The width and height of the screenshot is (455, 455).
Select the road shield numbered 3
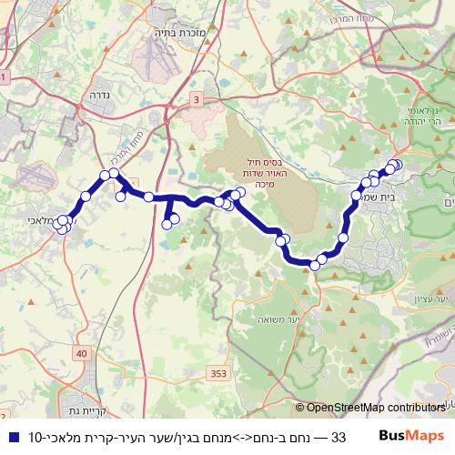click(x=196, y=98)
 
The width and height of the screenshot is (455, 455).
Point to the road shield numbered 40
click(x=83, y=353)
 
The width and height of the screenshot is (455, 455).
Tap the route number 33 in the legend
click(x=339, y=437)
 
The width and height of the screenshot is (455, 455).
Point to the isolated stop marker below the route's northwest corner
click(x=120, y=196)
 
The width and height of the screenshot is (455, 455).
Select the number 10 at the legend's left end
click(x=34, y=437)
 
